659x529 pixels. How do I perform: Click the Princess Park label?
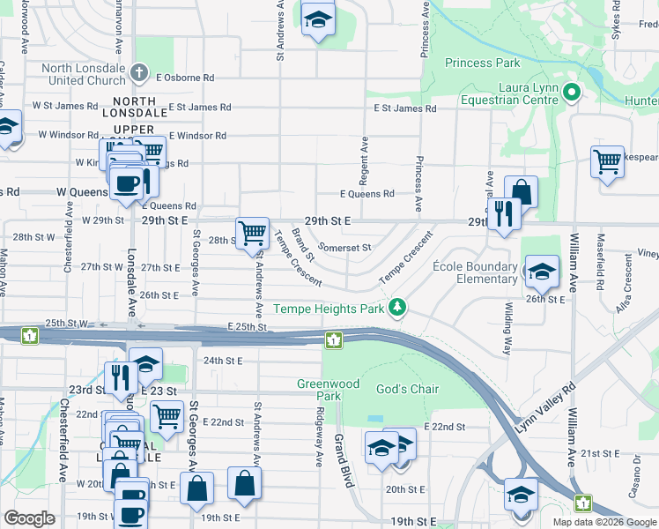[x=482, y=63]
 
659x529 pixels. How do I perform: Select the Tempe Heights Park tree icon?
[x=399, y=307]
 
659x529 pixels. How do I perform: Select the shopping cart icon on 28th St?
[x=253, y=234]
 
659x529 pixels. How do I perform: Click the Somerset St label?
[x=344, y=248]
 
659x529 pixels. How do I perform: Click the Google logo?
[x=29, y=518]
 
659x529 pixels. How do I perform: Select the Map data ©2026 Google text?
[x=604, y=522]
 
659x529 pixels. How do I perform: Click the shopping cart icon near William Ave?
[x=607, y=163]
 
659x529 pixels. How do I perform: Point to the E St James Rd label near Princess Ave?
[x=405, y=108]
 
